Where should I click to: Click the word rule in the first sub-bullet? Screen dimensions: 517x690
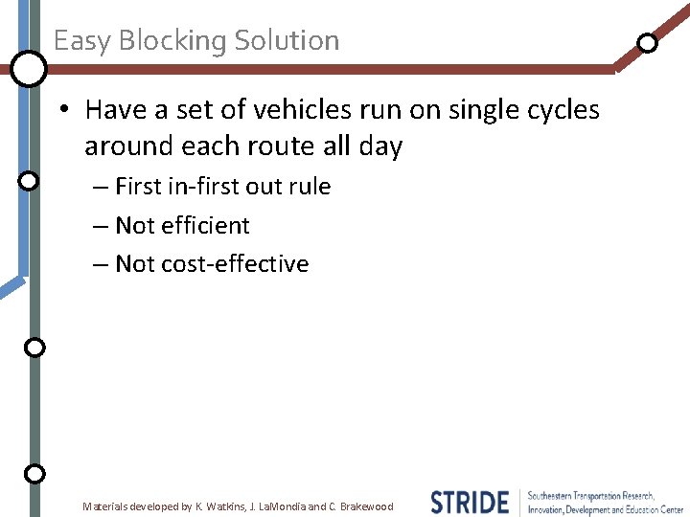pyautogui.click(x=309, y=187)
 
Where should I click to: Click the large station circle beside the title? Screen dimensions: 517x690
pyautogui.click(x=29, y=68)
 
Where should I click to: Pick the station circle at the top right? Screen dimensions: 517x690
pyautogui.click(x=648, y=43)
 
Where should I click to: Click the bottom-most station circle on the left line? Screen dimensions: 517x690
pyautogui.click(x=34, y=473)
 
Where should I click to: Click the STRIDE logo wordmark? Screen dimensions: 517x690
pyautogui.click(x=470, y=503)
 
